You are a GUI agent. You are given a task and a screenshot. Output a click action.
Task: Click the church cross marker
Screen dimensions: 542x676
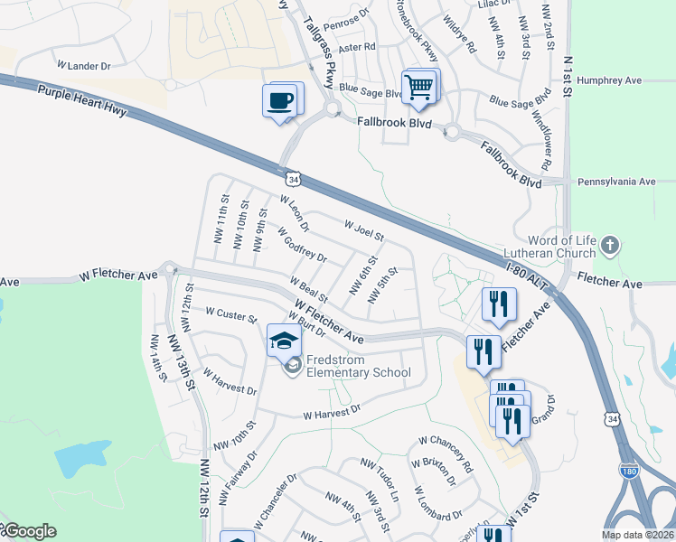click(612, 245)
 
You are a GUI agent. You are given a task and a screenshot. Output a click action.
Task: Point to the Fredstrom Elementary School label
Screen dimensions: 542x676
click(358, 366)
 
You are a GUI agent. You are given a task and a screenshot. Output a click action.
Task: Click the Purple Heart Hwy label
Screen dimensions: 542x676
click(82, 101)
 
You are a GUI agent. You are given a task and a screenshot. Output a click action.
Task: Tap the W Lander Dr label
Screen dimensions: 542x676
click(83, 66)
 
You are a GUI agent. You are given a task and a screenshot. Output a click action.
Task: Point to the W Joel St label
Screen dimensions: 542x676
click(365, 229)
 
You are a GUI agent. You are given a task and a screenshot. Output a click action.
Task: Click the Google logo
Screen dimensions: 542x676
click(29, 531)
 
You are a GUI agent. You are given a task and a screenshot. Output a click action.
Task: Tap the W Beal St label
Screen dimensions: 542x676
click(308, 290)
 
